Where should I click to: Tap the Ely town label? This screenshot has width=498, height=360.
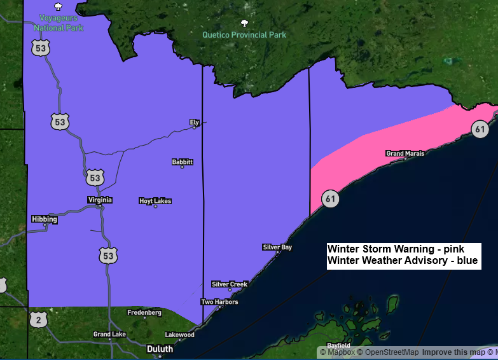coord(194,121)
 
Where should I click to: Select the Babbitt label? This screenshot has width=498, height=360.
coord(182,162)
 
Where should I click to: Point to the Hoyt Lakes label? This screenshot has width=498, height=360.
coord(155,201)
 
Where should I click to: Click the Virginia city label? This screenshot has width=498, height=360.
coord(100,200)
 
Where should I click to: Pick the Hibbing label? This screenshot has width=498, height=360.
coord(45,219)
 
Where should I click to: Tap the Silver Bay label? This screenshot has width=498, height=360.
coord(277,247)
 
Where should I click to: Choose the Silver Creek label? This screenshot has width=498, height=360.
coord(230,284)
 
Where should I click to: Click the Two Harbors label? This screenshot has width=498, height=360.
coord(219,302)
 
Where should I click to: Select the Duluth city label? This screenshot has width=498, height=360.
coord(159,349)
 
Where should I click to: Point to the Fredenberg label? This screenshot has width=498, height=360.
coord(144,313)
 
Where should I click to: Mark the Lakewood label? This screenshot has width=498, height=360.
coord(179,335)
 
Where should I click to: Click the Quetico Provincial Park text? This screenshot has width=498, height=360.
coord(244,35)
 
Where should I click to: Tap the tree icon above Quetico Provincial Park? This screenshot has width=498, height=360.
coord(244,24)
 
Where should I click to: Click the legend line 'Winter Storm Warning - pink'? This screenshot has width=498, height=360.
coord(396,249)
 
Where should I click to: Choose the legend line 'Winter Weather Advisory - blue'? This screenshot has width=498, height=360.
coord(402,261)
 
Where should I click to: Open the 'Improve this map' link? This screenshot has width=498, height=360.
coord(453,352)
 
